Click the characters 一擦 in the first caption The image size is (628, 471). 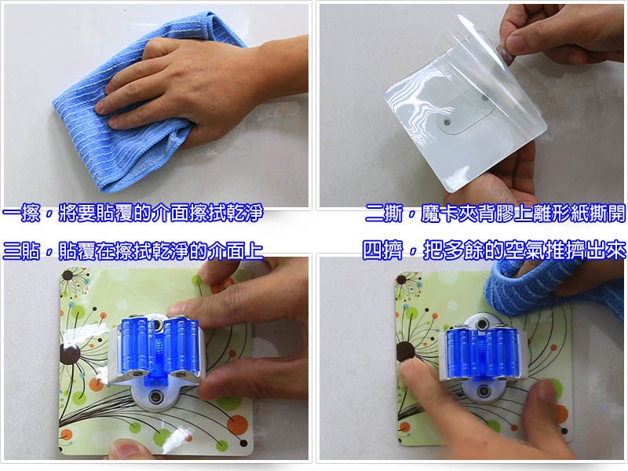(22, 213)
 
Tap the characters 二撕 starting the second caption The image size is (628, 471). (384, 214)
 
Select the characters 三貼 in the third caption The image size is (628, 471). (22, 250)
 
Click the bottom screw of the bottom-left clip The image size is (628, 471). (154, 397)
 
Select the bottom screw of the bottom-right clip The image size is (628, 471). (484, 390)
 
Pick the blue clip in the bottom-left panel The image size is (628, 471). (159, 348)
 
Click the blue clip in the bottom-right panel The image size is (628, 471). (482, 352)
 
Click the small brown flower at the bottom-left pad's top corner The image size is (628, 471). (68, 276)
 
